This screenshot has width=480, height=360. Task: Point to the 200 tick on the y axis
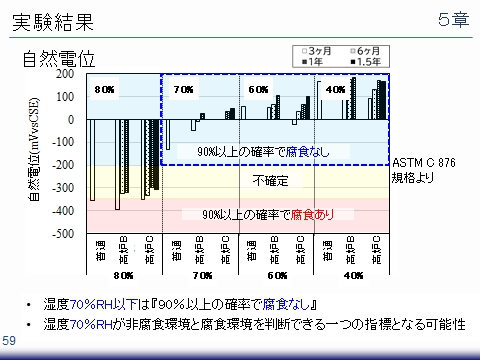click(x=65, y=74)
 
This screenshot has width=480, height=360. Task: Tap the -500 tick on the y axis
click(x=63, y=234)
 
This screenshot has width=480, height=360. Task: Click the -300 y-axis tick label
click(x=63, y=188)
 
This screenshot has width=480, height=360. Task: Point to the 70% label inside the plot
click(x=183, y=89)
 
